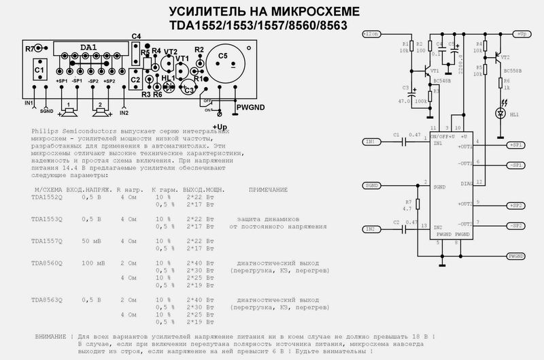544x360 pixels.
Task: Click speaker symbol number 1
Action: [68, 107]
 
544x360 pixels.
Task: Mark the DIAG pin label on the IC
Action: [466, 183]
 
